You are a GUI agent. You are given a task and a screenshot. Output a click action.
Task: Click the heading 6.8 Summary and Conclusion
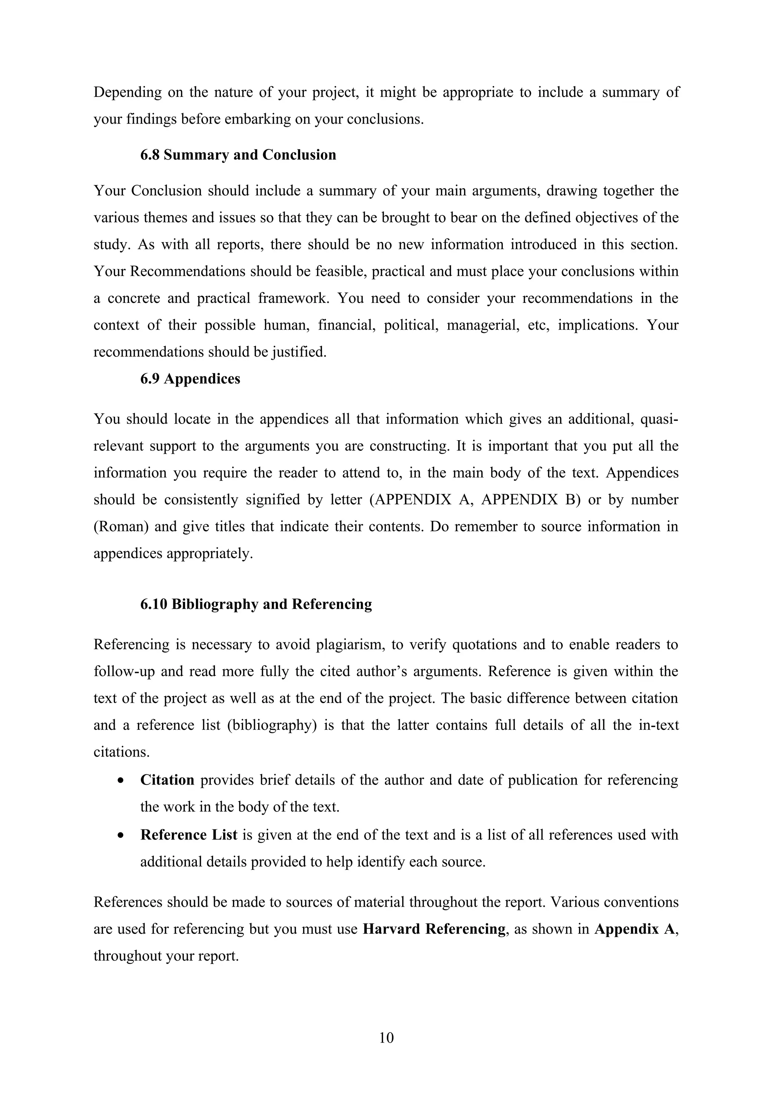pyautogui.click(x=238, y=155)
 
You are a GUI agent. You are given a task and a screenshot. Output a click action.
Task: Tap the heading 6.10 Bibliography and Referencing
pyautogui.click(x=256, y=603)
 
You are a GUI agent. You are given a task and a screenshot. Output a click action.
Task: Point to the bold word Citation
pyautogui.click(x=167, y=780)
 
